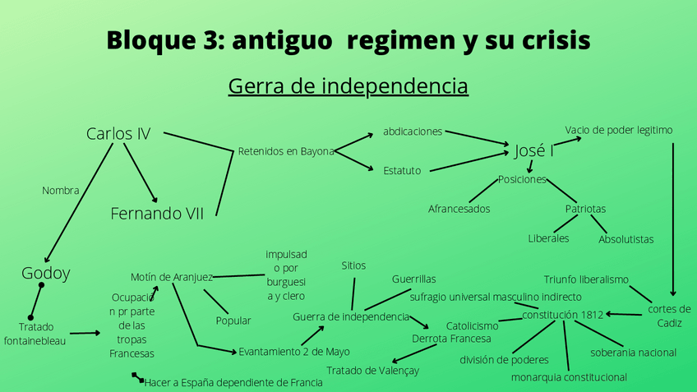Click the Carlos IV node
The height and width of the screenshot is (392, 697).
coord(118,133)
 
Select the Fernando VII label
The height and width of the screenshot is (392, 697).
coord(157,214)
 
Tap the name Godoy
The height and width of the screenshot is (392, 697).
coord(45,273)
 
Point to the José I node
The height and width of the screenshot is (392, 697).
coord(534,150)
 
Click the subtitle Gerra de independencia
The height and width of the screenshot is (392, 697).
coord(348,86)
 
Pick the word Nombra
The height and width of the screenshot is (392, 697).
coord(60,191)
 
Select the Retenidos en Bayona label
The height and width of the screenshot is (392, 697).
coord(286,151)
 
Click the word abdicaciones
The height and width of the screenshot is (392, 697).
coord(413,131)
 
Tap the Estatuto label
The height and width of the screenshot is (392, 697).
coord(402,171)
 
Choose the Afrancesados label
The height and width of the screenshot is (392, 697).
coord(459,209)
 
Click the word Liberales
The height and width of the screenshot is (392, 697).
coord(548,238)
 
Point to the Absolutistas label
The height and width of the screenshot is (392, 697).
coord(626,239)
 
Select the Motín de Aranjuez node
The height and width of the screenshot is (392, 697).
coord(172,277)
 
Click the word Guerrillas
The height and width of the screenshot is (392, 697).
coord(413,279)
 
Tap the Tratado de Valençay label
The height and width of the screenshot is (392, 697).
coord(372,371)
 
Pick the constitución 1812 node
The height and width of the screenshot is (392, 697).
coord(563,314)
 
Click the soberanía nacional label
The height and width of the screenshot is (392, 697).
coord(633,353)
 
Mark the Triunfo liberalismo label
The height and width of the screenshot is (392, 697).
coord(586,279)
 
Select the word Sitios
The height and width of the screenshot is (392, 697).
coord(353,265)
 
